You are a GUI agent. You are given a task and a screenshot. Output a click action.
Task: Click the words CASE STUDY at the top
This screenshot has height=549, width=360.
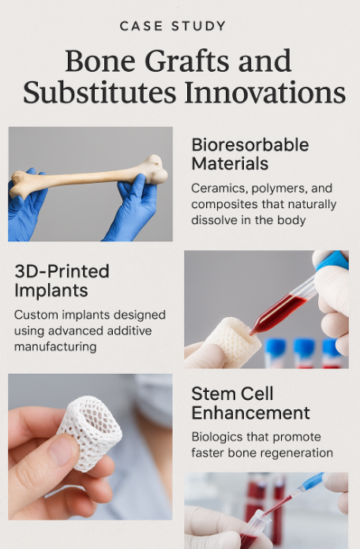[173, 26]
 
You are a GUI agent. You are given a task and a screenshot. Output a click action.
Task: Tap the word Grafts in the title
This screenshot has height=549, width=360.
[189, 62]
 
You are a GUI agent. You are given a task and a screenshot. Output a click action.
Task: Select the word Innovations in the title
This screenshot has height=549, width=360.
[265, 93]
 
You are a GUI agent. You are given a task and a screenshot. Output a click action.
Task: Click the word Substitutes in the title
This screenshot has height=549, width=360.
[99, 93]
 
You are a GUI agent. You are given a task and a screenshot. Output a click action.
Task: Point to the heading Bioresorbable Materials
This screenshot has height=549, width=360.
[250, 154]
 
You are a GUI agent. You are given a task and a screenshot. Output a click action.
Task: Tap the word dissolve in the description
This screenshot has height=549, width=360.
[213, 220]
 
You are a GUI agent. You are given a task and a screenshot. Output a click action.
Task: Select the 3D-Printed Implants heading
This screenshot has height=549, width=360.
[62, 281]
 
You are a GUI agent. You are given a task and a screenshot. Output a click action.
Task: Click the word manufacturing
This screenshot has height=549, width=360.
[55, 347]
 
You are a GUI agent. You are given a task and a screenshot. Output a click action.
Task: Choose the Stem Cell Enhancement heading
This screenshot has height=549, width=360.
[250, 403]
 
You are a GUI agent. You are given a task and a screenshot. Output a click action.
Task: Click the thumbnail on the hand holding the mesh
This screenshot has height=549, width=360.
[62, 450]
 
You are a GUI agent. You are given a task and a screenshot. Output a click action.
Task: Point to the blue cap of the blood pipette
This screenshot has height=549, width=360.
[332, 260]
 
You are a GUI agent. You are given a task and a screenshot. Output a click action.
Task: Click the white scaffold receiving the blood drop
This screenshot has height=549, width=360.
[232, 341]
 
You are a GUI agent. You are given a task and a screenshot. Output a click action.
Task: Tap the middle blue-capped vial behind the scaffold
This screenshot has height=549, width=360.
[304, 353]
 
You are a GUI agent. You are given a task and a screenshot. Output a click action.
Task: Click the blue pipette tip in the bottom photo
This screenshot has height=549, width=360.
[312, 481]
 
